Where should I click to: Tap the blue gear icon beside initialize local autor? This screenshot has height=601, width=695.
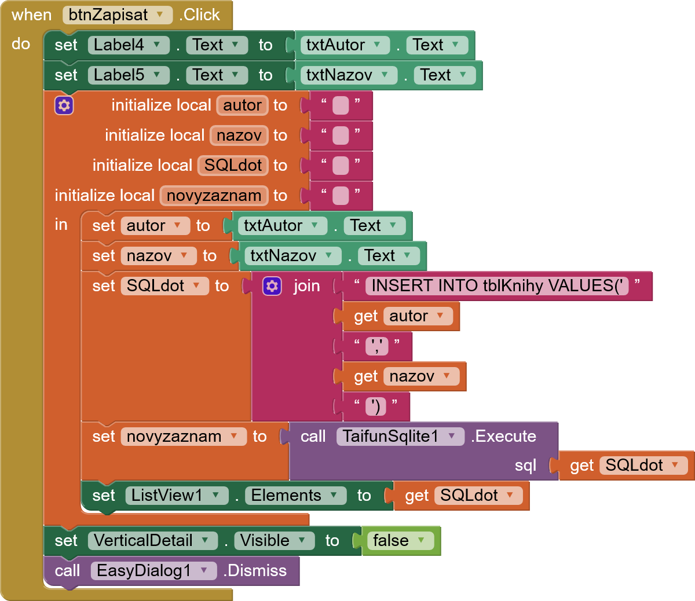coord(64,105)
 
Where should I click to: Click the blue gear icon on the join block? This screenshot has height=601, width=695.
coord(272,286)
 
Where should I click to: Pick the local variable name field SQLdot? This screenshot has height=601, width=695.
coord(233,166)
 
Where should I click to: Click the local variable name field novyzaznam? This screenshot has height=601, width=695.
coord(214,196)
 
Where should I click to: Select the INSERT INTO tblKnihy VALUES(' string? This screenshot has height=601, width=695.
coord(497,286)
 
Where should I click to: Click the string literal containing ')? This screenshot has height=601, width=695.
coord(376,406)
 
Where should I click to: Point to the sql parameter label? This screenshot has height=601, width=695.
coord(525,466)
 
